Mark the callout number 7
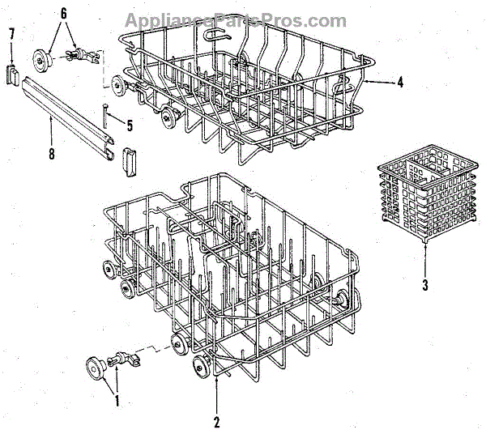(11, 33)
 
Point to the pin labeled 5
(104, 119)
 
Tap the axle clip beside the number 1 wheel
(122, 358)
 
